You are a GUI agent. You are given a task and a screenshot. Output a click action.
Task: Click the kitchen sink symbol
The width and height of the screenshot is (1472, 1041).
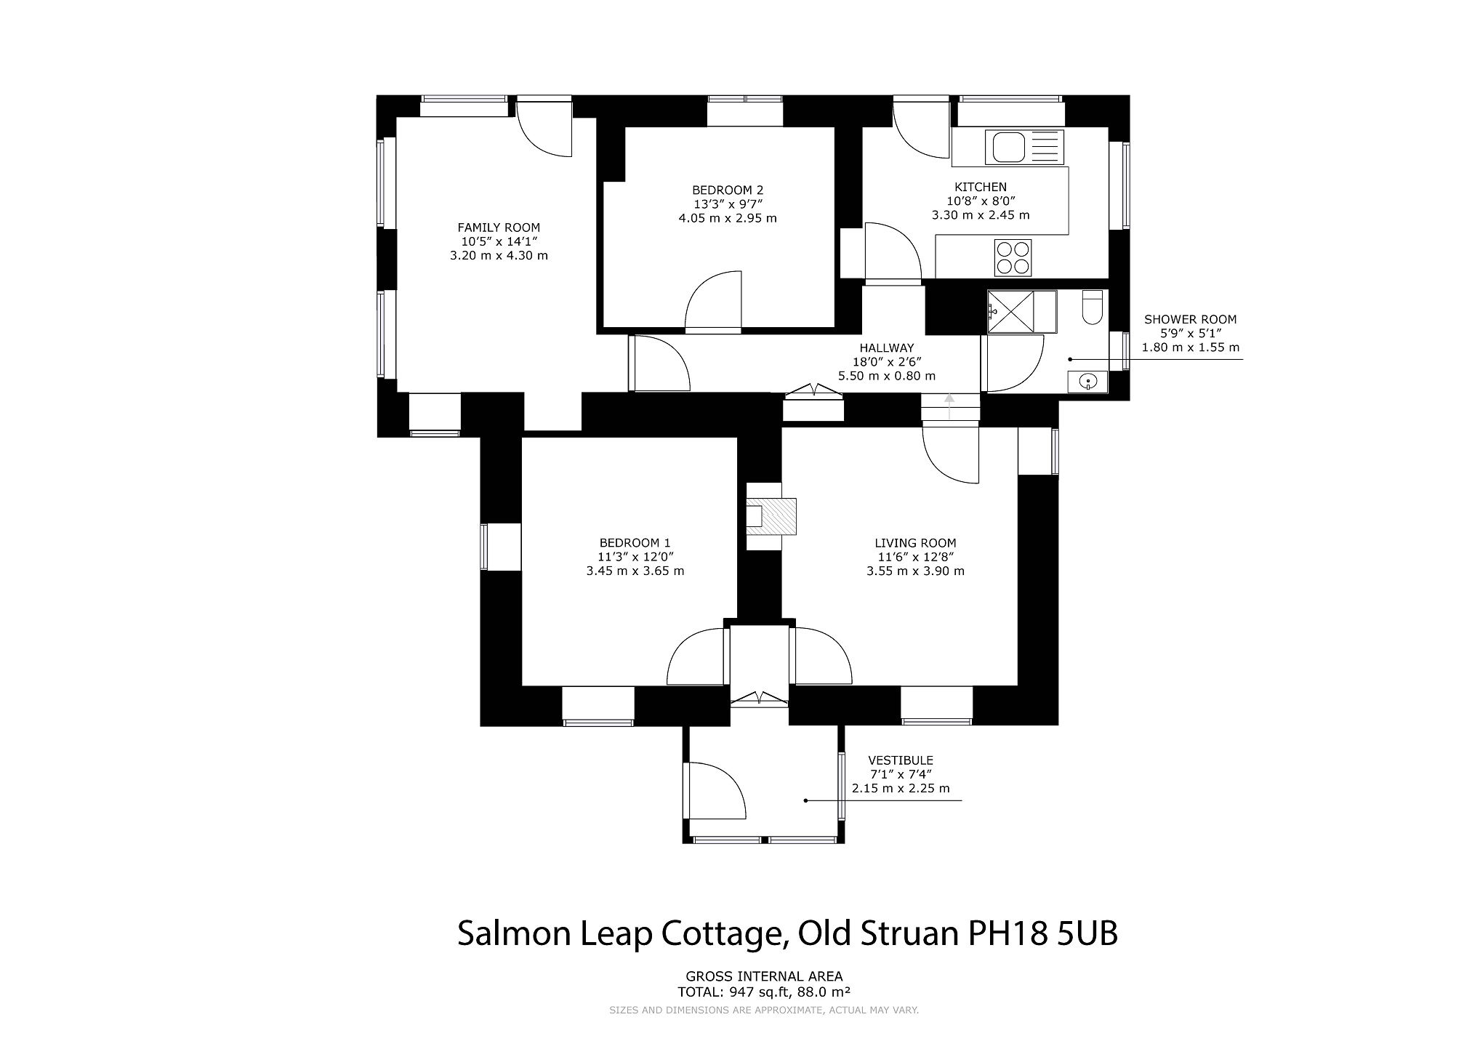click(1024, 147)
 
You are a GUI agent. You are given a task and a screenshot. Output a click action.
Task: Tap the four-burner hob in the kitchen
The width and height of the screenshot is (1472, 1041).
click(1013, 258)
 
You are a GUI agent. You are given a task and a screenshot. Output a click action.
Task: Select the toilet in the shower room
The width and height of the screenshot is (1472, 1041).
click(1093, 307)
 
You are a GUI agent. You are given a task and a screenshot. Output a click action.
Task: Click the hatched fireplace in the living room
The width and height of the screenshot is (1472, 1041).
click(771, 516)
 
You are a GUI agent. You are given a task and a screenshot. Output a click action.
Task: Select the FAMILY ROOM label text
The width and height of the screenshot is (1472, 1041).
click(499, 228)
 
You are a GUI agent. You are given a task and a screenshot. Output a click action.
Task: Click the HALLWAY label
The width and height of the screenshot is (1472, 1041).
click(887, 348)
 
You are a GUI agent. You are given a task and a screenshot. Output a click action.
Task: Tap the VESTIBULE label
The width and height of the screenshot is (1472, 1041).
click(901, 760)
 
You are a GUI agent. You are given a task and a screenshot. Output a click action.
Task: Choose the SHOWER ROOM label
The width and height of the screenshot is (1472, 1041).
click(1190, 319)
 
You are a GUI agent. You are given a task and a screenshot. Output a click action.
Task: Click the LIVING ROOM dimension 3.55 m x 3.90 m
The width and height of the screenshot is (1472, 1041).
click(915, 571)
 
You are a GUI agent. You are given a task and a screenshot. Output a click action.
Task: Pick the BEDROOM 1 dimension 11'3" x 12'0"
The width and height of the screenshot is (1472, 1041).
click(635, 557)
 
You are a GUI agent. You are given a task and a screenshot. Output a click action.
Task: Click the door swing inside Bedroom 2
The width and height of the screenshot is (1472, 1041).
click(714, 301)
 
